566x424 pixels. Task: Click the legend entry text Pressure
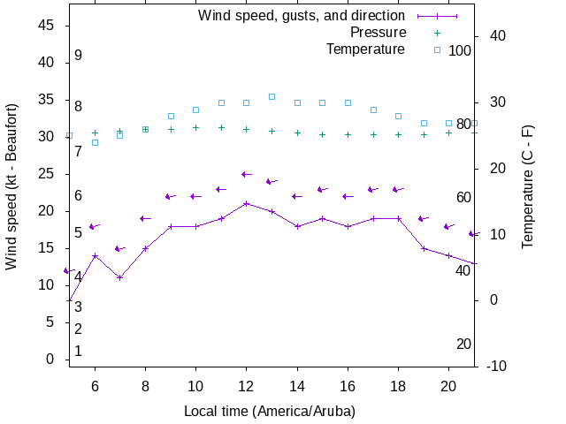379,32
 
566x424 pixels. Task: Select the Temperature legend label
365,49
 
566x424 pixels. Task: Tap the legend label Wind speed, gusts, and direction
301,15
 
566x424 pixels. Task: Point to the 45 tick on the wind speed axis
47,26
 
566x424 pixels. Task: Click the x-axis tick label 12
247,386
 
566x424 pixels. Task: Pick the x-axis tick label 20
448,386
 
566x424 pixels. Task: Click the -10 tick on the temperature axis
495,366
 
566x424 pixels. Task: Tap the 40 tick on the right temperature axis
496,36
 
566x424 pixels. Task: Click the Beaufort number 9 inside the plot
78,55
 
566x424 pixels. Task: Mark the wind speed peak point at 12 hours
247,203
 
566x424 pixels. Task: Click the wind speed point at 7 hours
120,277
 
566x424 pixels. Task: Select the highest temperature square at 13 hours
272,96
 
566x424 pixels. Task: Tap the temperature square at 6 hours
95,142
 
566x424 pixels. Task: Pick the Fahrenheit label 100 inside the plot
460,50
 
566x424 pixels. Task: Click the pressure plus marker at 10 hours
195,127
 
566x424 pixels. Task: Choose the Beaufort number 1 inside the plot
78,351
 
